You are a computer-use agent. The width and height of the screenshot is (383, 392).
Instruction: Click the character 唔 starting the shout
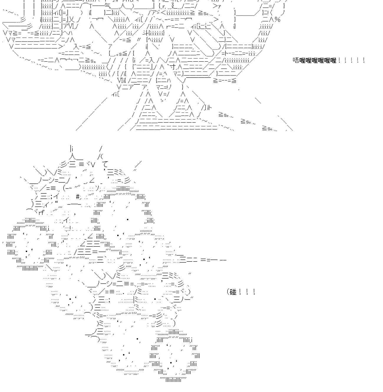tap(296, 60)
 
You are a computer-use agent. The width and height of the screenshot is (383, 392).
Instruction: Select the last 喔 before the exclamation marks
tap(333, 60)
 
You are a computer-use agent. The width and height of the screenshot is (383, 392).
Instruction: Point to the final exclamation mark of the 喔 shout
tap(364, 60)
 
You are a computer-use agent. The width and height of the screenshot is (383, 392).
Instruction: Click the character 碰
tap(233, 292)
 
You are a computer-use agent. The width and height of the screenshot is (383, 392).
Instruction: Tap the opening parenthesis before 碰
tap(228, 292)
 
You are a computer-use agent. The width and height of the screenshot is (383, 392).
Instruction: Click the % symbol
tap(278, 20)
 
